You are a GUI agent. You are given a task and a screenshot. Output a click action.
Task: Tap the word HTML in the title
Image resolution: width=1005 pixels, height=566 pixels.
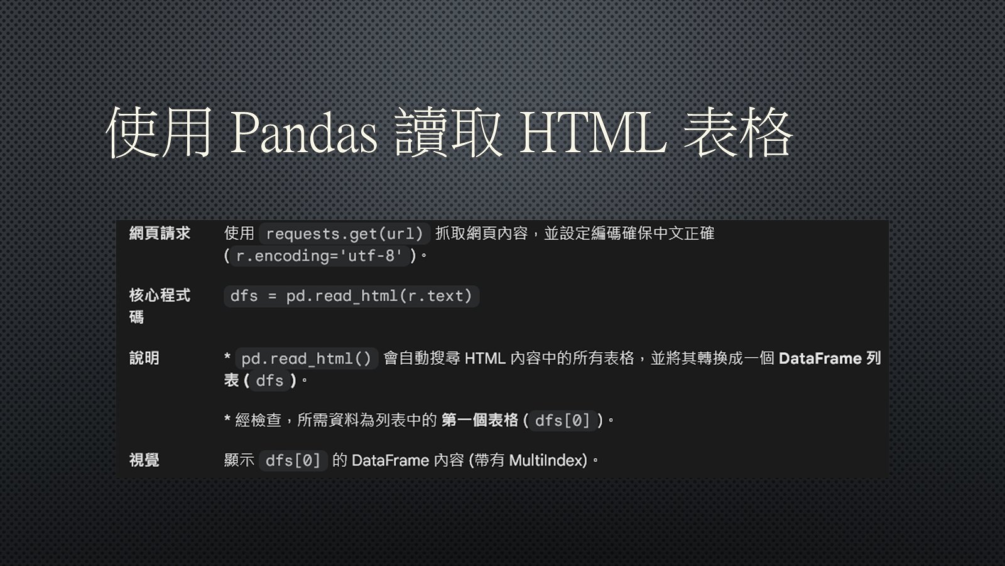click(x=593, y=133)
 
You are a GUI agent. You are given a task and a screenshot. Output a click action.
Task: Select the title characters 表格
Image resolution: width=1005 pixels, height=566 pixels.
click(x=737, y=132)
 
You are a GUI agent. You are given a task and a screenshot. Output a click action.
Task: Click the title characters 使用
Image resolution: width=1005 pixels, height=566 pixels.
click(x=158, y=132)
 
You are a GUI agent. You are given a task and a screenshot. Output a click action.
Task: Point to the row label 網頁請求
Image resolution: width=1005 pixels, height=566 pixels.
click(x=160, y=233)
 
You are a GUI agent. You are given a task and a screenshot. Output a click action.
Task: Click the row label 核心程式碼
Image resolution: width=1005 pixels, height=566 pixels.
click(x=160, y=306)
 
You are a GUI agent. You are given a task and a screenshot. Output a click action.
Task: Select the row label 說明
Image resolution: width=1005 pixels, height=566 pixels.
click(x=144, y=358)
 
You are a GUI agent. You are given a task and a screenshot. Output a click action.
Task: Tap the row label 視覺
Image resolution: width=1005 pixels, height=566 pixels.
click(x=144, y=460)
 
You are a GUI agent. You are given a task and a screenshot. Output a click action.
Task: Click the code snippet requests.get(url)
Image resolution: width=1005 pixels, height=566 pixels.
click(x=345, y=233)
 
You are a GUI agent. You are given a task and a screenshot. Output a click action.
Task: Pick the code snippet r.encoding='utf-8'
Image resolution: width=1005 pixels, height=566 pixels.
click(x=319, y=255)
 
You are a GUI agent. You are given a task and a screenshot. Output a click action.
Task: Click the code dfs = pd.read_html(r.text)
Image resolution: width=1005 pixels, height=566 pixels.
click(x=351, y=296)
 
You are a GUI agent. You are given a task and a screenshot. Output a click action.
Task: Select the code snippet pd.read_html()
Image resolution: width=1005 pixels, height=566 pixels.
click(x=307, y=358)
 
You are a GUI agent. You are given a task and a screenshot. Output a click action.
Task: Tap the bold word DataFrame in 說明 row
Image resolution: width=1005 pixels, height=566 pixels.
click(x=820, y=358)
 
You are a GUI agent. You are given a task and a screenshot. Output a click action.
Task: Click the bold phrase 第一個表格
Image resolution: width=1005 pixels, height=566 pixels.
click(x=480, y=420)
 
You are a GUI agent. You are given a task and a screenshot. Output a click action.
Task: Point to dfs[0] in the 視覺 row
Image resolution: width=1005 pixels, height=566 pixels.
click(x=293, y=460)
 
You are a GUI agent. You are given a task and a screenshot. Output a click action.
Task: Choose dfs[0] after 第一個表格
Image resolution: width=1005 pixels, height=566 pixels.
click(x=563, y=421)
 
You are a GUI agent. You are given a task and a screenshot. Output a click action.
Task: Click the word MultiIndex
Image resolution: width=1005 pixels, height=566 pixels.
click(x=548, y=460)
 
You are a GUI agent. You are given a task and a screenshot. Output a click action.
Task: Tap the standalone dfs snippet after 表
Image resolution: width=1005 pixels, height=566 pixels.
click(x=269, y=380)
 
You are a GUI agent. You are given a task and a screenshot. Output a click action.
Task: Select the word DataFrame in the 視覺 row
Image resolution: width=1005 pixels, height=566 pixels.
click(x=390, y=460)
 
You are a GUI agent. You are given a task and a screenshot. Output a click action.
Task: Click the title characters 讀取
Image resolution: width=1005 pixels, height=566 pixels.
click(x=448, y=132)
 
